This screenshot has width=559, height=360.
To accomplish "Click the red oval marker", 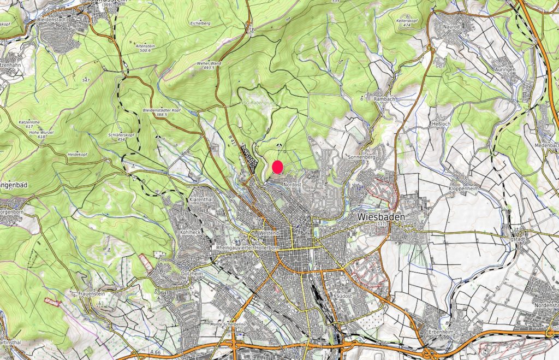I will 277,167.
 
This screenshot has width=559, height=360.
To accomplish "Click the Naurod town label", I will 453,26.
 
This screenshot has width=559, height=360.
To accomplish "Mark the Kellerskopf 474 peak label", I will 407,22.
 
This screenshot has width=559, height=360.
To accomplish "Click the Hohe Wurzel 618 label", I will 33,134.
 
